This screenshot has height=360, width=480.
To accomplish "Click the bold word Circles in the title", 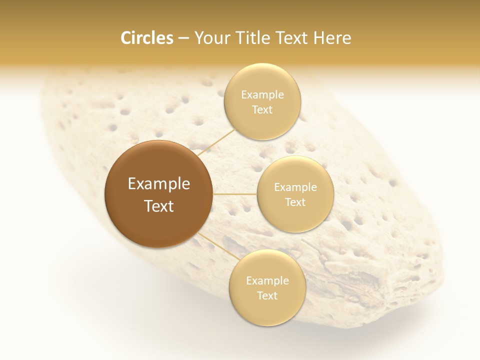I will (x=146, y=38).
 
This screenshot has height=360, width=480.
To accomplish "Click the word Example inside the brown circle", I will (x=159, y=184).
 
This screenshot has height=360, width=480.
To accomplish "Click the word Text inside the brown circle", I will (x=159, y=206).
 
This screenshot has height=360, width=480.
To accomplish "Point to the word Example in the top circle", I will (x=262, y=95).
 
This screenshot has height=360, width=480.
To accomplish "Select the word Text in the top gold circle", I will (x=262, y=110).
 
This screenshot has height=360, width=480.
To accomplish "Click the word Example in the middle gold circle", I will (x=295, y=187).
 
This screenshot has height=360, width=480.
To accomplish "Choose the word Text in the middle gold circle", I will (x=295, y=202).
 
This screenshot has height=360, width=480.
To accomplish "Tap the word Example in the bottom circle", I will (x=267, y=281).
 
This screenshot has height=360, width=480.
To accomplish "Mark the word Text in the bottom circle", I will (x=267, y=296).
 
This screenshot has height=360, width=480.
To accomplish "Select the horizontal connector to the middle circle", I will (x=235, y=194).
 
